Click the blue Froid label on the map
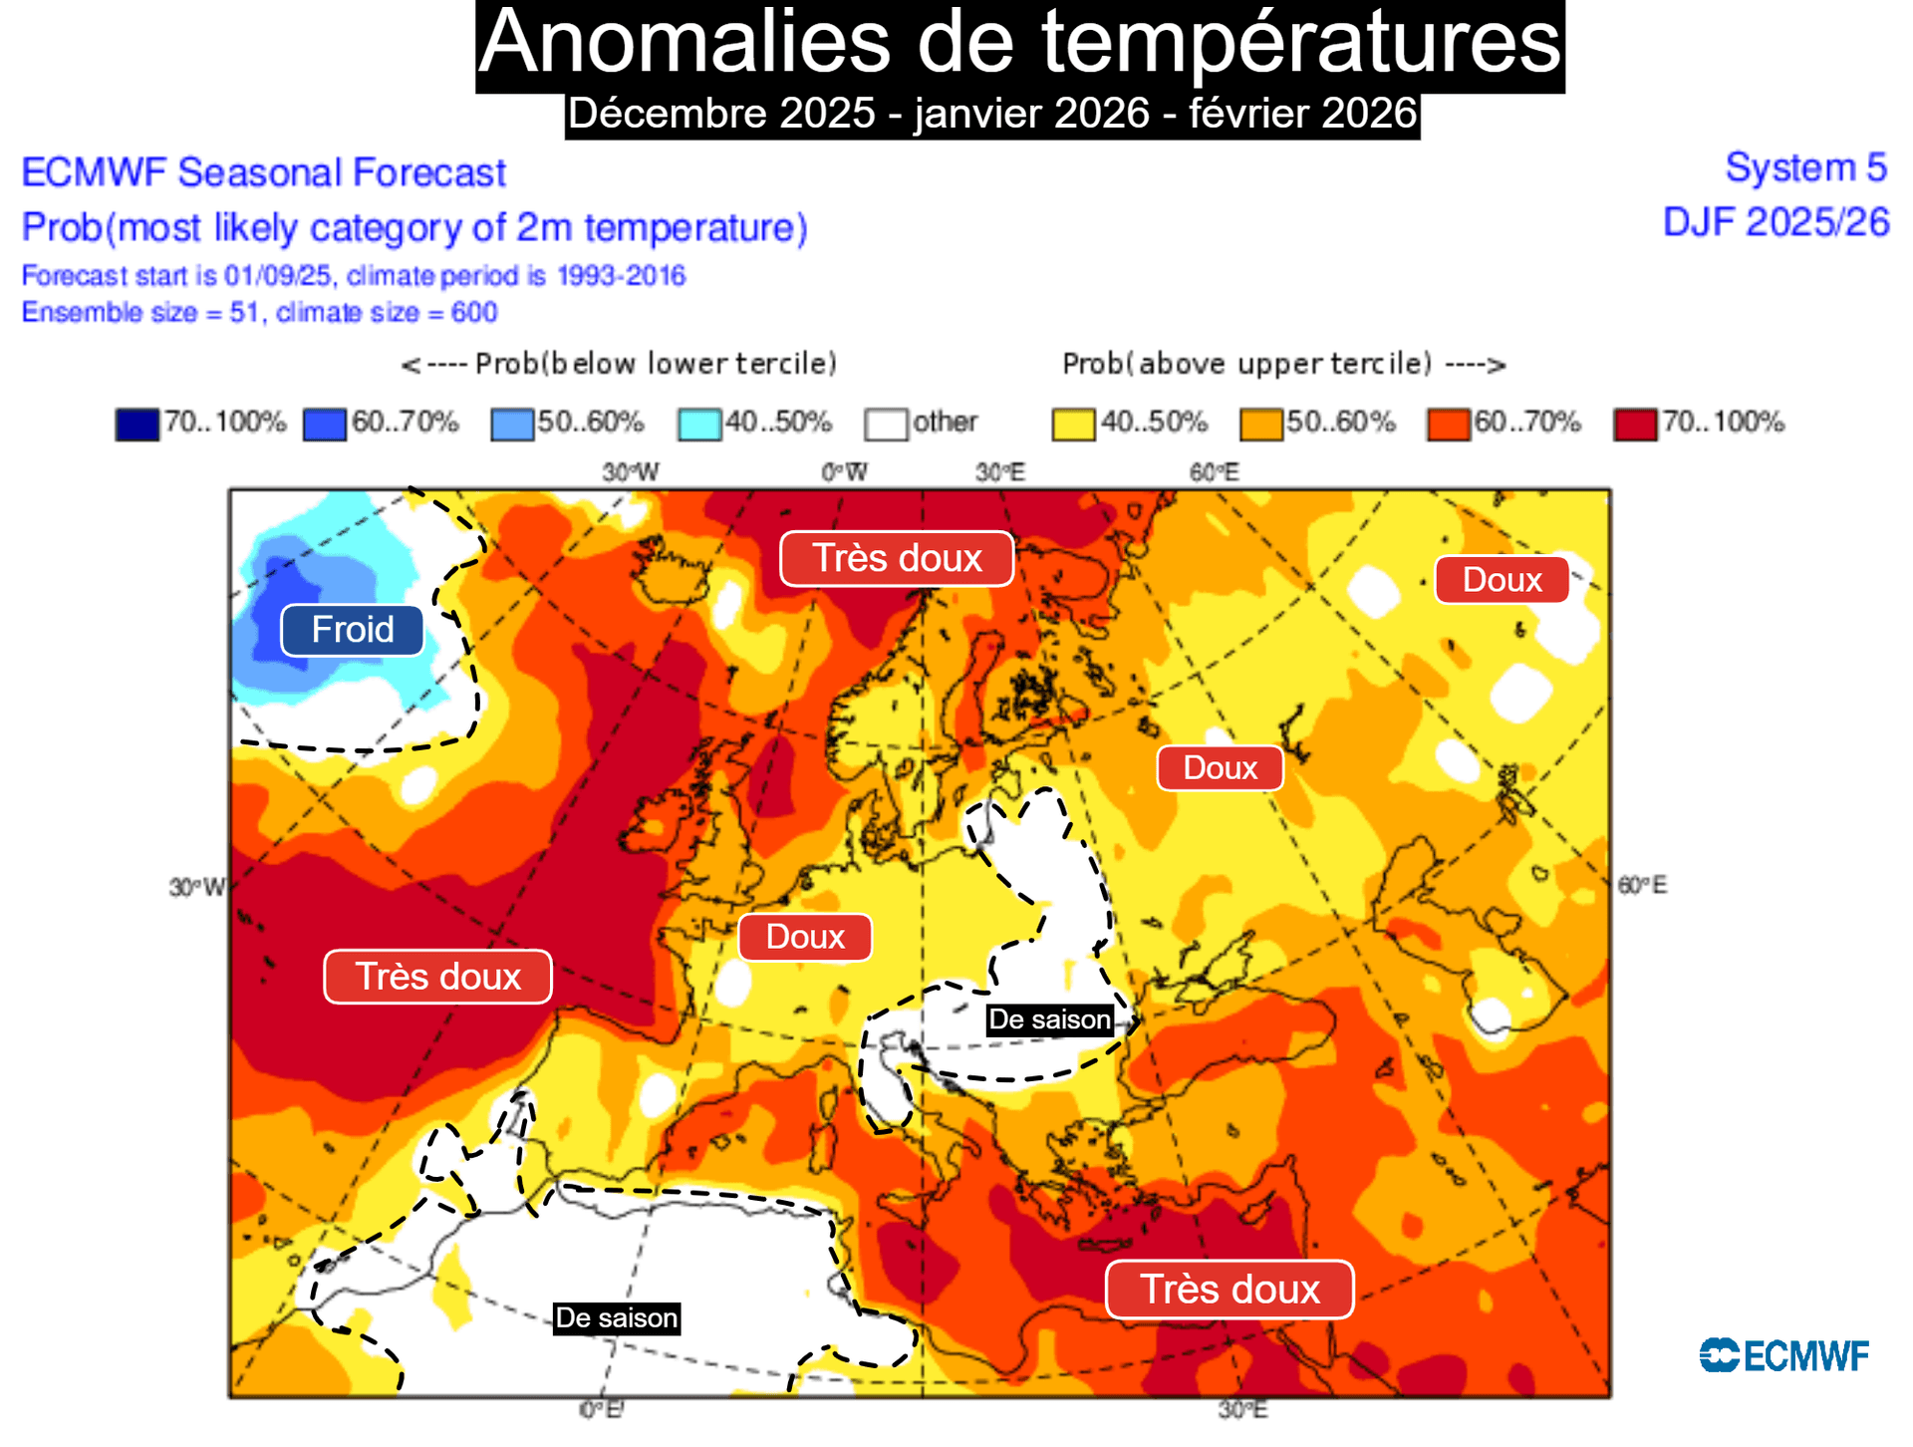click(x=352, y=630)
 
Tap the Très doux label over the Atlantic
click(x=437, y=977)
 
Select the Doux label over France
click(x=805, y=937)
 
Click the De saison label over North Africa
click(x=617, y=1317)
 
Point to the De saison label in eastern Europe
click(x=1049, y=1019)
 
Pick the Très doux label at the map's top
click(x=897, y=558)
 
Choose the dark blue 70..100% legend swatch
click(x=137, y=424)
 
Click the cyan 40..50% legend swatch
click(x=699, y=424)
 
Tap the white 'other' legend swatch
click(x=886, y=424)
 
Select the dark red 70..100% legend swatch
click(x=1635, y=424)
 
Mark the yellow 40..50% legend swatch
click(x=1073, y=424)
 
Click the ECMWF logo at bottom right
click(x=1784, y=1355)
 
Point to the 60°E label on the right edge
click(x=1642, y=885)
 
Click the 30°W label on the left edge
click(x=196, y=887)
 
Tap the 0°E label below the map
click(x=601, y=1409)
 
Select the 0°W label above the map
click(x=844, y=471)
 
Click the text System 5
click(x=1805, y=167)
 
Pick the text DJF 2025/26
click(x=1776, y=222)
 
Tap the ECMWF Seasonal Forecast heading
click(x=264, y=172)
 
